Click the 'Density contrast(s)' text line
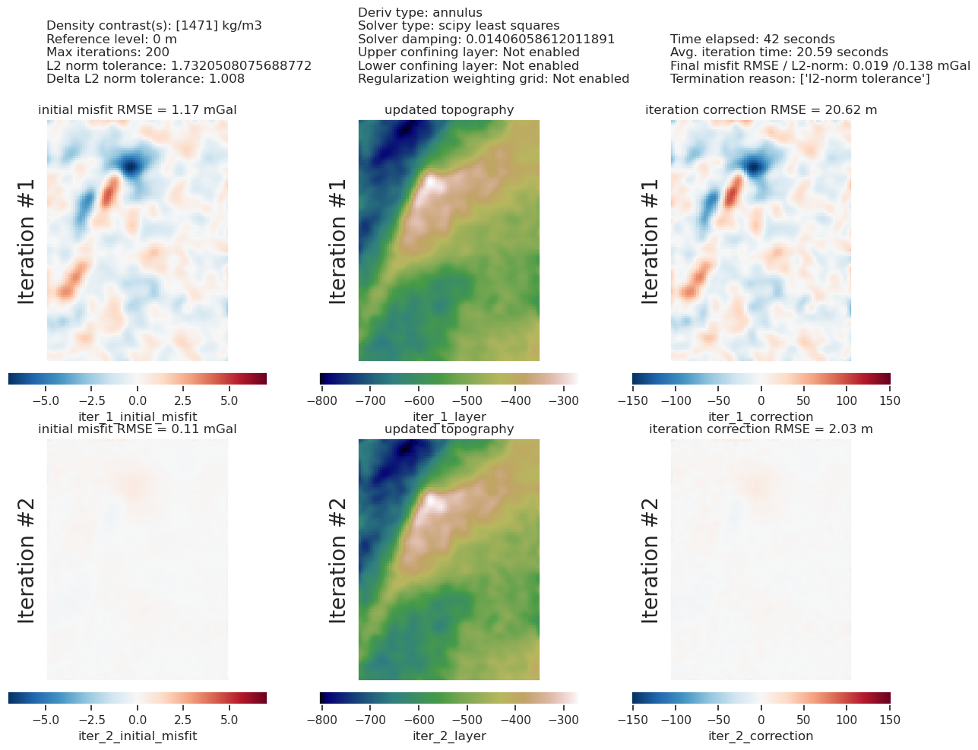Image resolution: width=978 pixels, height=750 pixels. click(154, 26)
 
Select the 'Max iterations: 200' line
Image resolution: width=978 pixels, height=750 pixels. click(108, 52)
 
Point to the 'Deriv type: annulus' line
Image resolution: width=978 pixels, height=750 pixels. click(420, 13)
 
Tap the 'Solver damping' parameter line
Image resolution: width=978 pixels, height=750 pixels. click(486, 40)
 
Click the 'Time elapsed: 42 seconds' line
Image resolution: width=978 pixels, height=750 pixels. click(752, 40)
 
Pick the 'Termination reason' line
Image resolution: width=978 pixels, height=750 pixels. click(800, 79)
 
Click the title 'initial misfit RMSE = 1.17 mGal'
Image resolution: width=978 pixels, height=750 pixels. click(138, 110)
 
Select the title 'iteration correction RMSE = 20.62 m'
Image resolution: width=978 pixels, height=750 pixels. click(761, 110)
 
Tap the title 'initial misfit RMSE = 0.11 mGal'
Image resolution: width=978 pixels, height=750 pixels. click(138, 429)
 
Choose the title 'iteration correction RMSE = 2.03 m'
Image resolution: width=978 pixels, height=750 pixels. click(761, 429)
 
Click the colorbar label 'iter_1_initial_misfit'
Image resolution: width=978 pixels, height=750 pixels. click(138, 416)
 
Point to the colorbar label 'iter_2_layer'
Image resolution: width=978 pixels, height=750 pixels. click(449, 736)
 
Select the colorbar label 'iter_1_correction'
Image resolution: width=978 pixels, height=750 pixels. click(761, 416)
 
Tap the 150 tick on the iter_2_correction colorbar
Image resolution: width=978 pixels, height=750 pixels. click(890, 720)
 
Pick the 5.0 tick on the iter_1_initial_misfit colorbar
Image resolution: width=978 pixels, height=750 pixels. click(229, 400)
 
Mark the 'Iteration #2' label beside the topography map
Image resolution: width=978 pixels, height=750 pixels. click(338, 560)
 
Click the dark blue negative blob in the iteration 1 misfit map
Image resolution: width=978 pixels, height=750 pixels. click(131, 164)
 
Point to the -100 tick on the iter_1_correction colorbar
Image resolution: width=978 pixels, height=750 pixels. click(675, 400)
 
